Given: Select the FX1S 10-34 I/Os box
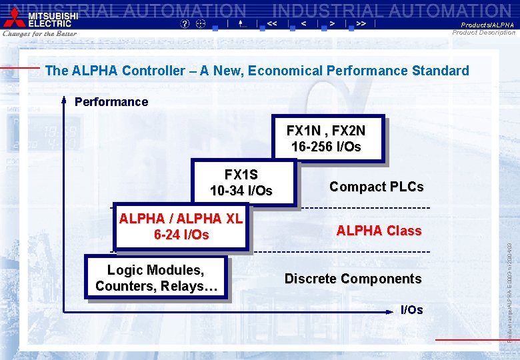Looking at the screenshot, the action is pyautogui.click(x=241, y=182).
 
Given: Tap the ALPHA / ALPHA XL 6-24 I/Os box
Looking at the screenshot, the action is pyautogui.click(x=181, y=226).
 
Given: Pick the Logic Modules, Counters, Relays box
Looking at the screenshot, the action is pyautogui.click(x=157, y=278).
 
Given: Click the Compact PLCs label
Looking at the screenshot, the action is pyautogui.click(x=376, y=187).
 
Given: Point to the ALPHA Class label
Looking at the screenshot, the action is pyautogui.click(x=379, y=231).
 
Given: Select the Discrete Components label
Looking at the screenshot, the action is pyautogui.click(x=353, y=279).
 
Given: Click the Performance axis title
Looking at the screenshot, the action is pyautogui.click(x=111, y=102).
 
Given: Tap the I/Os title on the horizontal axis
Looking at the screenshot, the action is pyautogui.click(x=411, y=310).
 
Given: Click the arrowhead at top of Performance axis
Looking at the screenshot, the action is pyautogui.click(x=64, y=100).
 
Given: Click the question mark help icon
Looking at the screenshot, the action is pyautogui.click(x=185, y=23).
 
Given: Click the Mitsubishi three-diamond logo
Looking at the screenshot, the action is pyautogui.click(x=13, y=19).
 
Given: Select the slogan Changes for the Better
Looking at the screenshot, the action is pyautogui.click(x=39, y=33).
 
